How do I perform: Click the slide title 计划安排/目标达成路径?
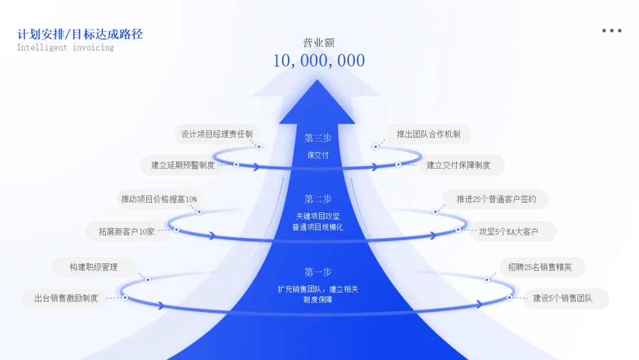click(x=80, y=34)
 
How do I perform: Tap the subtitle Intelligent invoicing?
click(x=65, y=47)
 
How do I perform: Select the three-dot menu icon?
click(x=612, y=31)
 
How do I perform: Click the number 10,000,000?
click(x=319, y=60)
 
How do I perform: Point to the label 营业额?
click(x=319, y=43)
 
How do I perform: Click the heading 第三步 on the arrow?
click(x=318, y=138)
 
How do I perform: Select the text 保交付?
click(x=318, y=155)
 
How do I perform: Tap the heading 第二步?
click(x=318, y=199)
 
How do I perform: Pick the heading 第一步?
click(x=318, y=272)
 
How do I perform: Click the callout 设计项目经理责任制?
click(x=217, y=134)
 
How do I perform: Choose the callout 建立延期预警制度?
click(x=183, y=165)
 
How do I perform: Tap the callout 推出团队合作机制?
click(x=428, y=134)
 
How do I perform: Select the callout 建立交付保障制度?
click(x=459, y=165)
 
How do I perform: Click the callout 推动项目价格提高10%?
click(x=159, y=199)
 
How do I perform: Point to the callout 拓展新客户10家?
click(x=127, y=232)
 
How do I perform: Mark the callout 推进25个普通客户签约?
click(x=496, y=199)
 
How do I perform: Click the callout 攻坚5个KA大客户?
click(x=509, y=232)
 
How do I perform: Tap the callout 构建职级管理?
click(x=93, y=267)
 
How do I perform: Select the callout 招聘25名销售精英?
click(x=540, y=267)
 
